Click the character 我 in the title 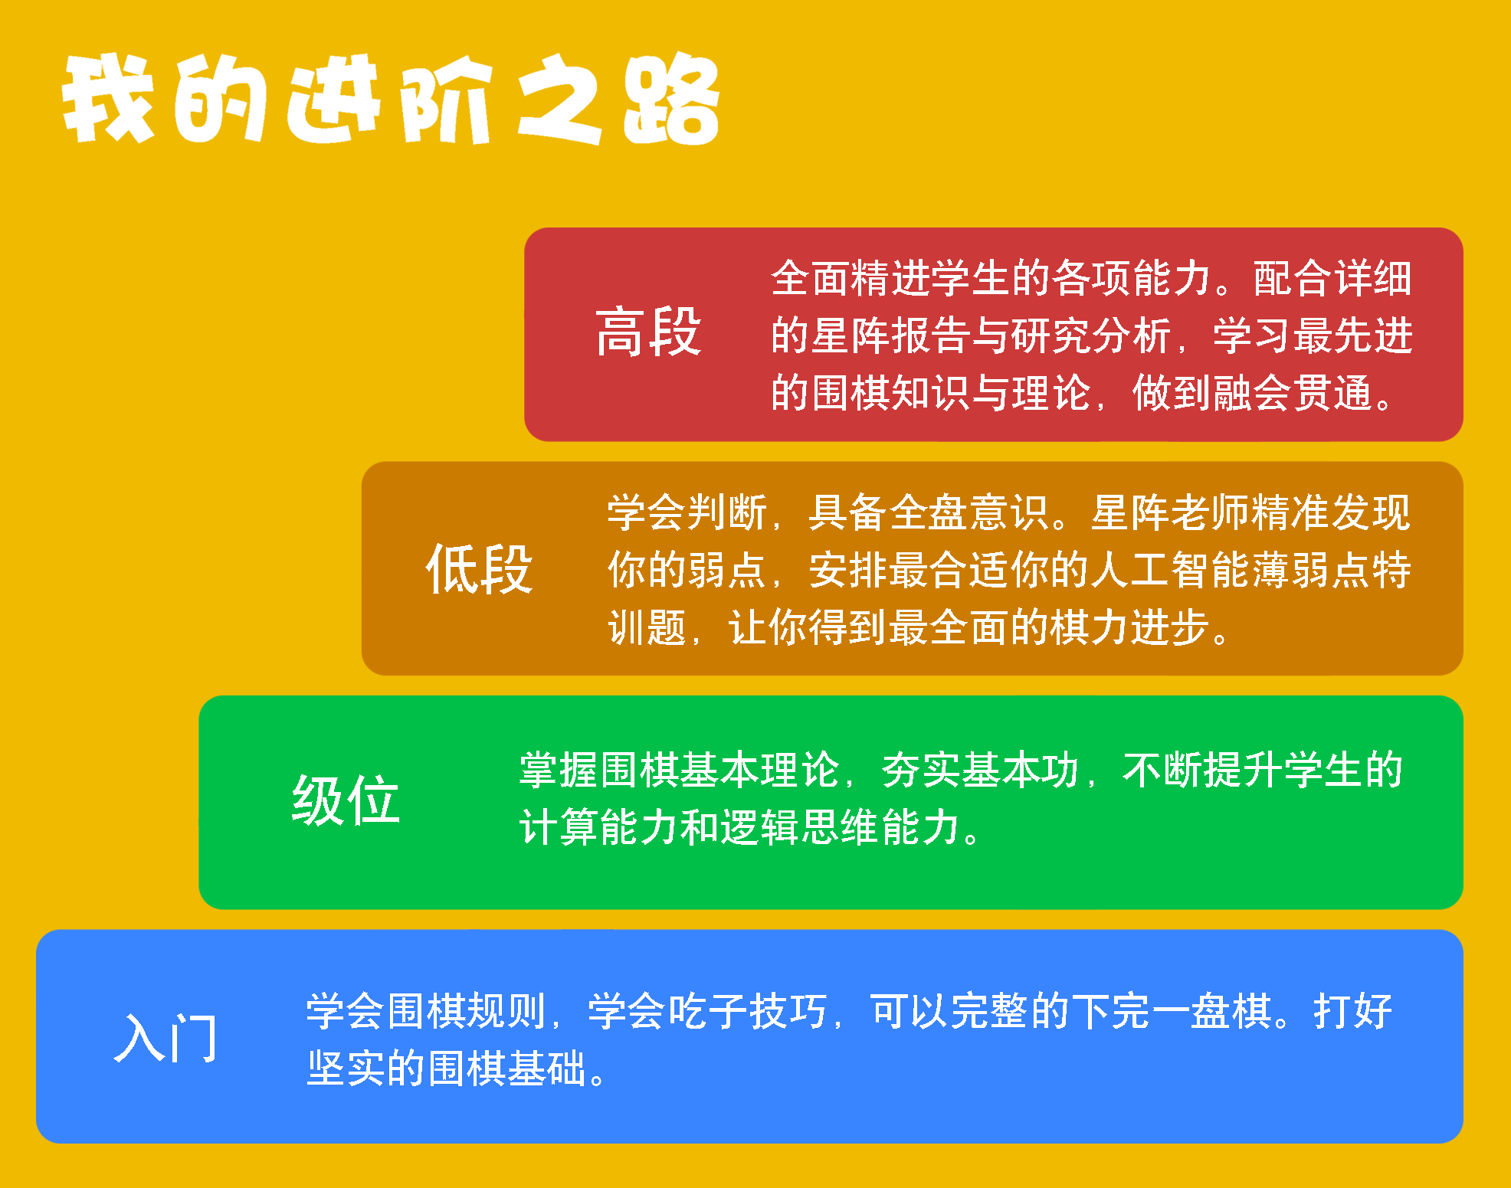(x=109, y=98)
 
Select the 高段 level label (x=648, y=332)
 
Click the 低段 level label (x=479, y=568)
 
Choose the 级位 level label (x=346, y=800)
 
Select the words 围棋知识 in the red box (x=891, y=393)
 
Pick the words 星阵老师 (x=1172, y=512)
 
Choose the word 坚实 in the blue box (x=346, y=1069)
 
